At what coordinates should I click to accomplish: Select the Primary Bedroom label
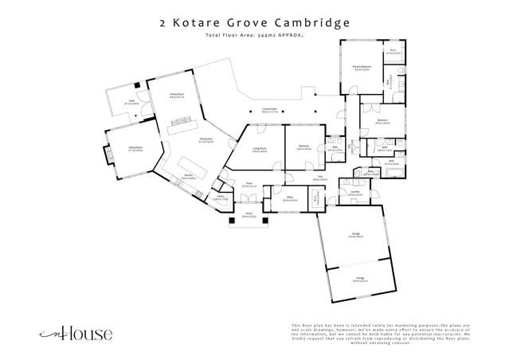[351, 68]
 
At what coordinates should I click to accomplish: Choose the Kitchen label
[189, 177]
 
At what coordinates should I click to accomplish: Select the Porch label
[248, 216]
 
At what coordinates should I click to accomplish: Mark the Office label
[289, 199]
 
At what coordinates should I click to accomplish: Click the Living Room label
[258, 149]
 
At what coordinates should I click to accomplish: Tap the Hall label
[319, 178]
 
